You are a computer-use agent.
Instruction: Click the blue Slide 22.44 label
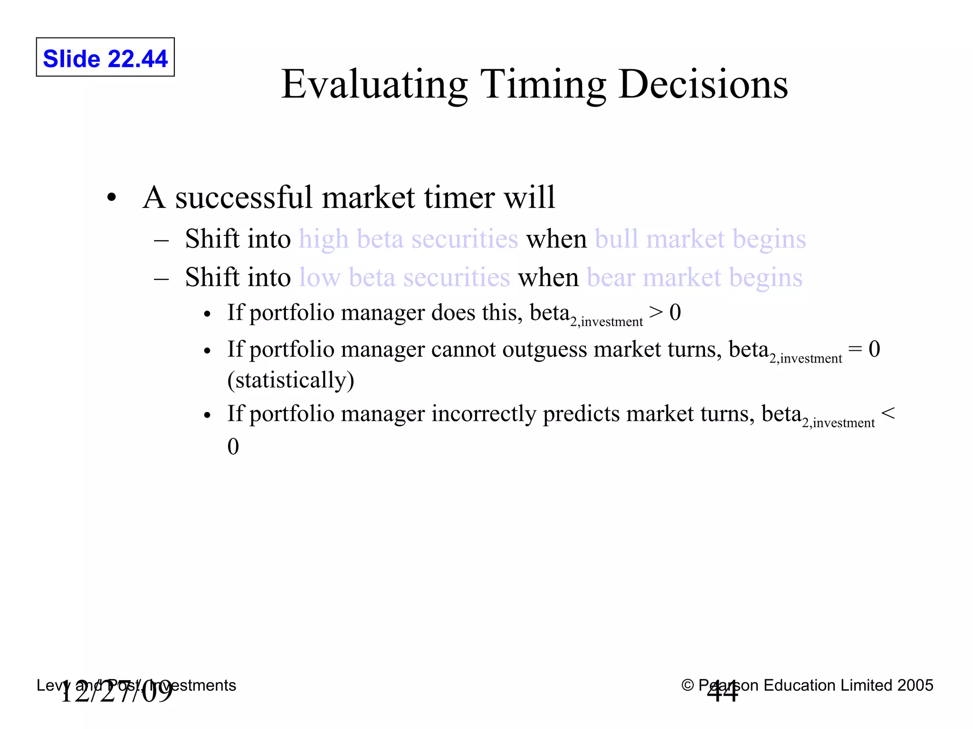[x=105, y=59]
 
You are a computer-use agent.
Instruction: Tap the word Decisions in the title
[x=703, y=84]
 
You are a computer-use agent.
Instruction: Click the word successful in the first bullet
[x=243, y=197]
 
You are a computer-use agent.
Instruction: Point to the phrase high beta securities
[x=408, y=239]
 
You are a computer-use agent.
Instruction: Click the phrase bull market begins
[x=700, y=239]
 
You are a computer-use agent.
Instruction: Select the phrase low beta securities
[x=404, y=278]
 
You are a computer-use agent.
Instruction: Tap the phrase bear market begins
[x=695, y=278]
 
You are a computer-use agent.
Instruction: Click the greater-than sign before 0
[x=656, y=312]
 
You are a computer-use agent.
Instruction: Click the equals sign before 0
[x=855, y=349]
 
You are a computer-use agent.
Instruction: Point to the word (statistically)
[x=291, y=380]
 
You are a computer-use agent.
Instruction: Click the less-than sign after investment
[x=888, y=413]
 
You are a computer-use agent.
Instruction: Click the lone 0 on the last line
[x=233, y=446]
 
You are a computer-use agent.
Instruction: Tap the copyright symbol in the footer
[x=687, y=685]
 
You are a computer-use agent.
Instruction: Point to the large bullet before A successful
[x=112, y=197]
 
